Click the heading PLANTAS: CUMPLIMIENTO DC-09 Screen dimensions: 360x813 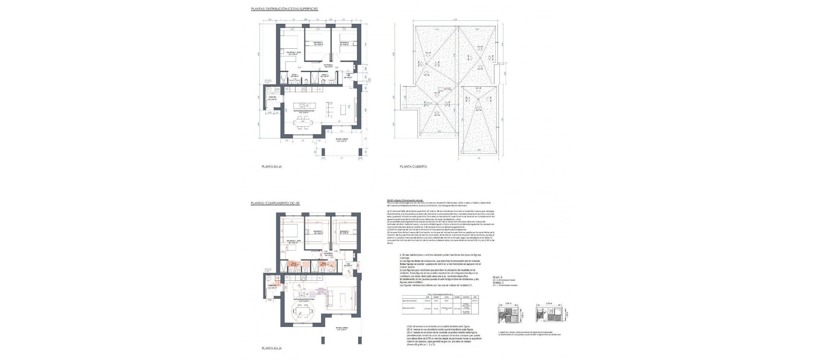pos(275,204)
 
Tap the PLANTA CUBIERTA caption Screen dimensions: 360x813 pos(413,167)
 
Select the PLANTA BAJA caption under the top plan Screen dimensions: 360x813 pos(271,167)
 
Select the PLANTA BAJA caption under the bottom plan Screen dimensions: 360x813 pos(271,349)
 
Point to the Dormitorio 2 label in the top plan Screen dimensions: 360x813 pos(318,43)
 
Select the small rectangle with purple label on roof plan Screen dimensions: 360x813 pos(441,90)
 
